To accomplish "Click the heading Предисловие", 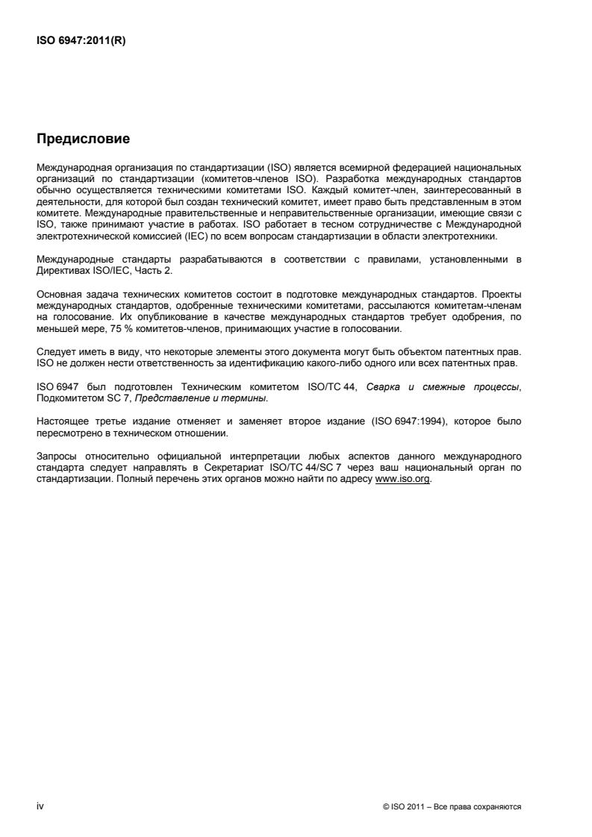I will (x=83, y=138).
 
